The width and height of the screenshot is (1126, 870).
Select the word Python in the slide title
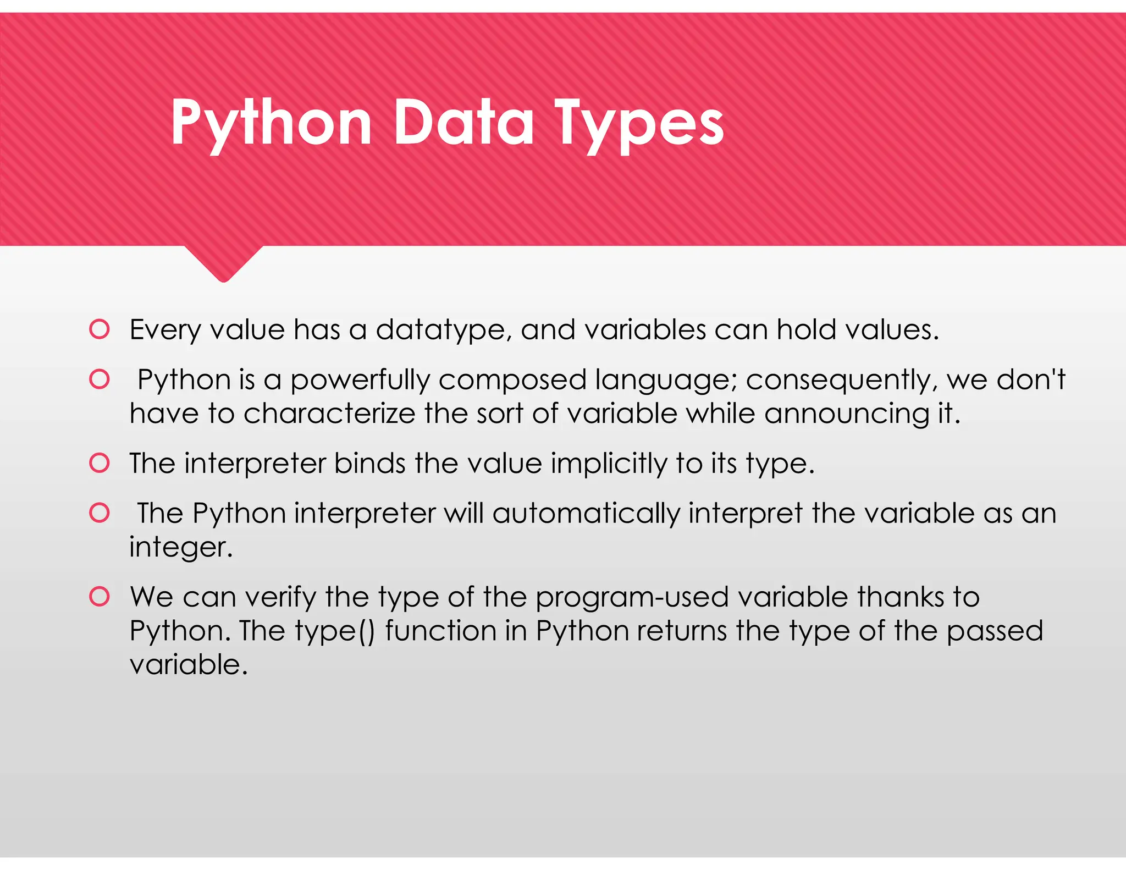click(271, 124)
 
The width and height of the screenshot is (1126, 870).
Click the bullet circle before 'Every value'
click(100, 329)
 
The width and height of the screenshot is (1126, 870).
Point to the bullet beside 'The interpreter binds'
click(100, 463)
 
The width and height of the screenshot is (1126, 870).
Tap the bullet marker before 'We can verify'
click(100, 597)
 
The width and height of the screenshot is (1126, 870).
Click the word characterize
click(329, 414)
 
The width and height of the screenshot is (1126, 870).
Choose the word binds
click(369, 463)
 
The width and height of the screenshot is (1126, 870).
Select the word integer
click(180, 548)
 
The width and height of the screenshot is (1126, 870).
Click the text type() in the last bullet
click(334, 631)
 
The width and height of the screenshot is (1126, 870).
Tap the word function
click(441, 631)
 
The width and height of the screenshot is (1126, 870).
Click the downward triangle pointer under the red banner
click(223, 263)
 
